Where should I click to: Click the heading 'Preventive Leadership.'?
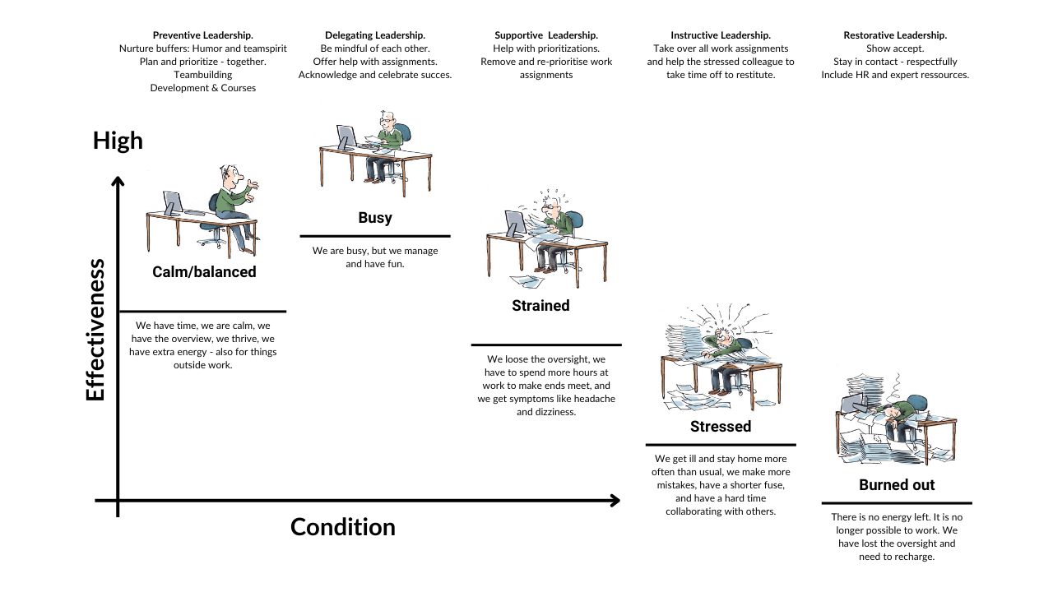point(202,35)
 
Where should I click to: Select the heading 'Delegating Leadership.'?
point(375,35)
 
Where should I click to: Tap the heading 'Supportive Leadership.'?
point(546,35)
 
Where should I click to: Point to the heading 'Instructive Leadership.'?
point(721,35)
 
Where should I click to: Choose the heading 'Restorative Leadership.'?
point(895,35)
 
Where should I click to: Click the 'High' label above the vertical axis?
point(118,141)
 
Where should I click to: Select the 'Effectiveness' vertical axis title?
point(95,330)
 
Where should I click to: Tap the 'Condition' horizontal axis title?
point(343,527)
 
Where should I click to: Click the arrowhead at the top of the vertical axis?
point(118,182)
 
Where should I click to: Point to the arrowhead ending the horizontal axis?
point(614,500)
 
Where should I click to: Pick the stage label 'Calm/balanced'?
point(204,272)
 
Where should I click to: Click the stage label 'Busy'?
point(375,218)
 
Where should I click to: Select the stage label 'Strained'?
point(540,306)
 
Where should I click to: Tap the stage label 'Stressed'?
point(721,427)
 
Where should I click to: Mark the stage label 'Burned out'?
point(897,485)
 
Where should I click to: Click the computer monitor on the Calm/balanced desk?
point(173,202)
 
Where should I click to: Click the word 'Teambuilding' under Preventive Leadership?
point(202,75)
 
